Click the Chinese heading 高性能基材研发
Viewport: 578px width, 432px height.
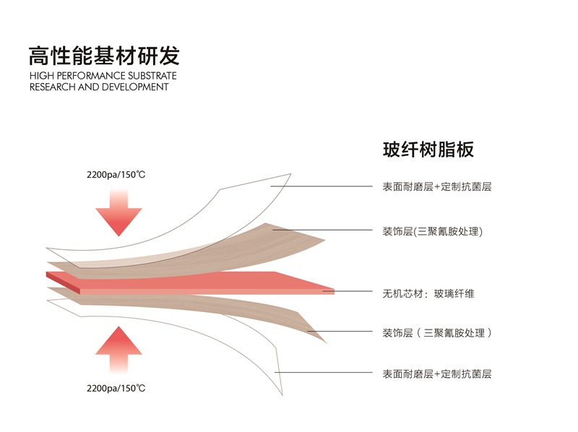coord(104,55)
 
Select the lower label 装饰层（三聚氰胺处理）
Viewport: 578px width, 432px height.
coord(438,333)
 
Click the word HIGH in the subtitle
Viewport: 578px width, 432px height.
coord(42,76)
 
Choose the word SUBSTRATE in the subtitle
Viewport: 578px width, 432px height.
coord(155,76)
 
